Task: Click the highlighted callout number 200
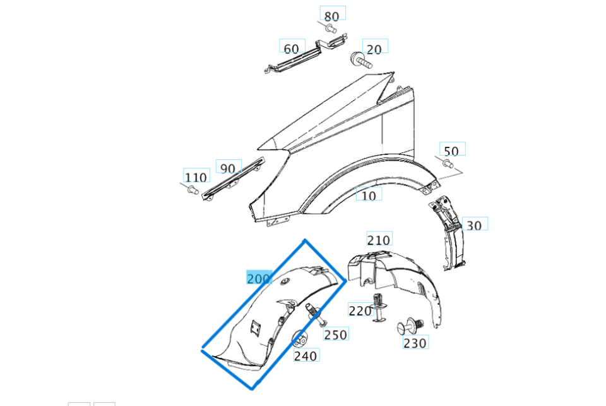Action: pyautogui.click(x=259, y=278)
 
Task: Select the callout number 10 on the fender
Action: pyautogui.click(x=369, y=195)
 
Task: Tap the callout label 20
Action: pyautogui.click(x=375, y=49)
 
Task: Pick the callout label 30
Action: pyautogui.click(x=475, y=225)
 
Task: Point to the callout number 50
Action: pyautogui.click(x=451, y=151)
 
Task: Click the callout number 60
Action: pyautogui.click(x=292, y=48)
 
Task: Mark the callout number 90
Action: pyautogui.click(x=228, y=168)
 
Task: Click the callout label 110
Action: pyautogui.click(x=196, y=177)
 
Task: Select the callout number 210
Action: pyautogui.click(x=379, y=240)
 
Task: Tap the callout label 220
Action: pyautogui.click(x=360, y=311)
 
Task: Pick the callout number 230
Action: pyautogui.click(x=415, y=343)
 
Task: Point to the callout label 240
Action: pyautogui.click(x=306, y=355)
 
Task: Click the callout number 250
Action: pyautogui.click(x=335, y=334)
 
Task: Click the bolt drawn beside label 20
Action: pyautogui.click(x=359, y=61)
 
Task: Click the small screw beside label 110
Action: pyautogui.click(x=191, y=189)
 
